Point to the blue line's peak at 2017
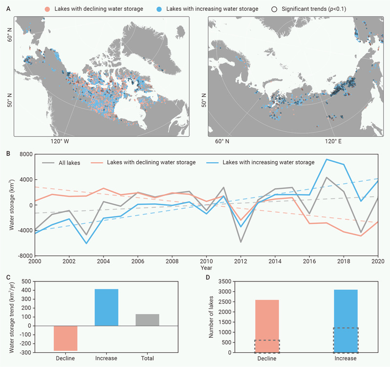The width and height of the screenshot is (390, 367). point(327,159)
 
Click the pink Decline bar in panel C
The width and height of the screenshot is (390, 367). point(65,338)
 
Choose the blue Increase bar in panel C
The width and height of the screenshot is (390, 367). point(106,307)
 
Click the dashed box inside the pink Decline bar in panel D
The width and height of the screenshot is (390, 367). point(267,346)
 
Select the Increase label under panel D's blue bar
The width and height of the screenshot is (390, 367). point(345,359)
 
